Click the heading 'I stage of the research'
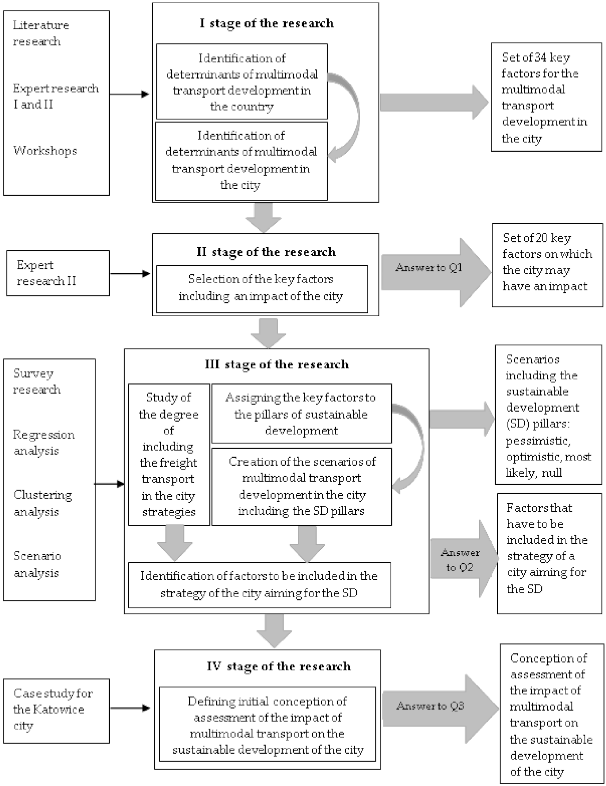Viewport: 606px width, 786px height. point(266,23)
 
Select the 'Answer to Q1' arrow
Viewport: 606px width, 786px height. point(429,268)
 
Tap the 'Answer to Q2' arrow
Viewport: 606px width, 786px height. point(460,560)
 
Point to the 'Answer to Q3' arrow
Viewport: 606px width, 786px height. point(431,706)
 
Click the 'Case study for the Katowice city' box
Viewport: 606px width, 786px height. point(56,709)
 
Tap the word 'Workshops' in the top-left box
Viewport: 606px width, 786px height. point(45,151)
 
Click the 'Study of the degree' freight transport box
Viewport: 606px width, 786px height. point(169,455)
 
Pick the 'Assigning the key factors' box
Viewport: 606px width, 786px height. point(301,414)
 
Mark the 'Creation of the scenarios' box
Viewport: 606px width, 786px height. point(301,486)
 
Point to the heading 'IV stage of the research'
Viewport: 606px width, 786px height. point(278,666)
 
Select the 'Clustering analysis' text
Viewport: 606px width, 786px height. point(43,503)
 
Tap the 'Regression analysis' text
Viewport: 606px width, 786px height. point(44,443)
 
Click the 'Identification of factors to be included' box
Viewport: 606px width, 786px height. point(259,584)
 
